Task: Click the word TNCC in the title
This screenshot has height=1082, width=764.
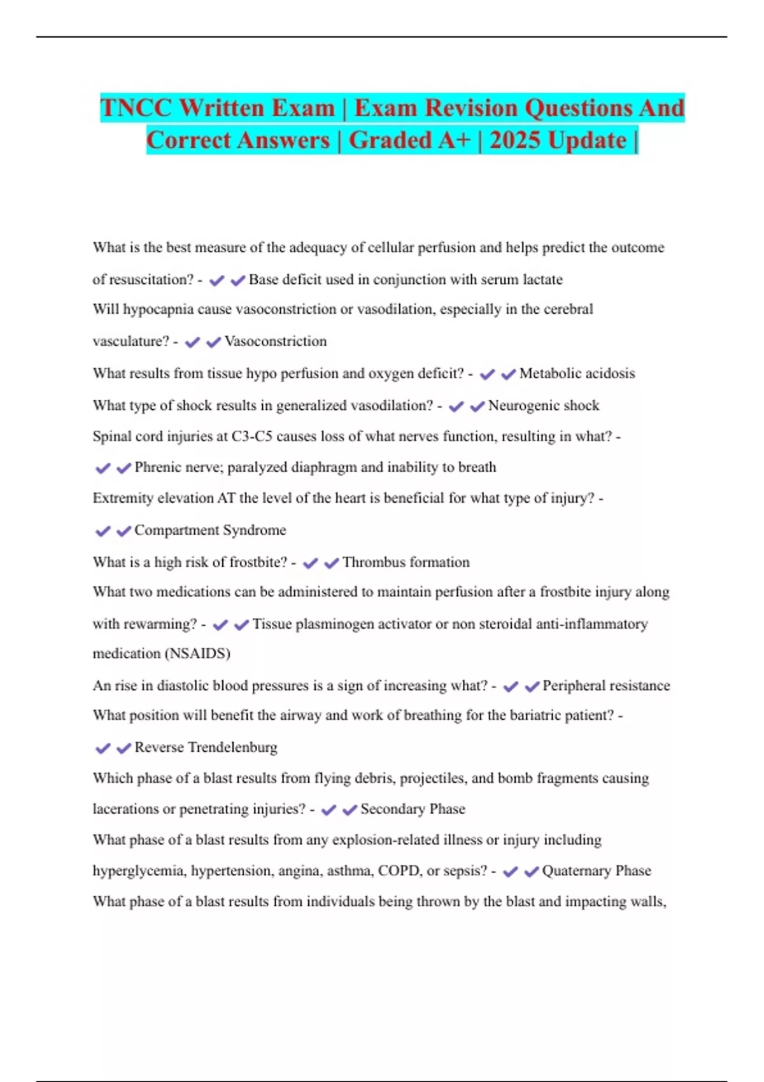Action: [136, 108]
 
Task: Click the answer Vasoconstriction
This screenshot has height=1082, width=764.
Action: [275, 342]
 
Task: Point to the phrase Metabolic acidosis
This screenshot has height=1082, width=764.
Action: [577, 374]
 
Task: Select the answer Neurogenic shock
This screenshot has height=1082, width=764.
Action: [543, 406]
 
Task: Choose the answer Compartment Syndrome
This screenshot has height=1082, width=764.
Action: [210, 530]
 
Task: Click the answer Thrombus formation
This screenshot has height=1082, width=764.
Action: [406, 563]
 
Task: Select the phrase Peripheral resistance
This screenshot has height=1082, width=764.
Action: [605, 686]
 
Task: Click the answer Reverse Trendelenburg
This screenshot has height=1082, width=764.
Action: [206, 748]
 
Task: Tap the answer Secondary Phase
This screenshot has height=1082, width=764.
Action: [413, 810]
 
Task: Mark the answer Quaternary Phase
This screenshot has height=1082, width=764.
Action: [596, 871]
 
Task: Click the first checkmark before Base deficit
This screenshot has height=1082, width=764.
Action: [216, 281]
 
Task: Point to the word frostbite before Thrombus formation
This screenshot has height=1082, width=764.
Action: [258, 563]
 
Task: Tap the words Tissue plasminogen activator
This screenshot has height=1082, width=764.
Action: [341, 624]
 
